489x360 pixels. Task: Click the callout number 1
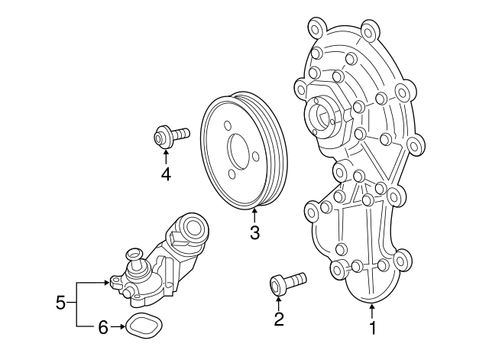(373, 329)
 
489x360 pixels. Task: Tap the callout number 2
(279, 319)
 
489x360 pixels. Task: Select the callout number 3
(254, 232)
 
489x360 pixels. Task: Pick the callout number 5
(61, 304)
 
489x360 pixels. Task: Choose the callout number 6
(102, 327)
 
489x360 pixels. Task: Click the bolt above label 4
(170, 138)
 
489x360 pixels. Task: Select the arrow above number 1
(372, 311)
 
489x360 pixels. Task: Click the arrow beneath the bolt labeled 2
(278, 301)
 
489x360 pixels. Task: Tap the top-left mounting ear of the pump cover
(314, 30)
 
